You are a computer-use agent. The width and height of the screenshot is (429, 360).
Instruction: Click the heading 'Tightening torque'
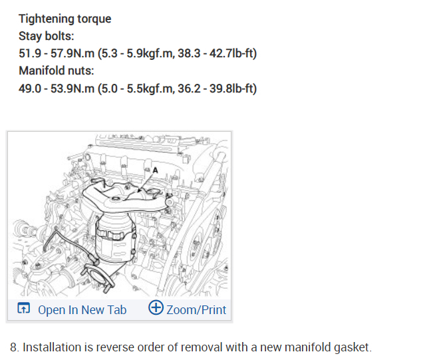pyautogui.click(x=65, y=19)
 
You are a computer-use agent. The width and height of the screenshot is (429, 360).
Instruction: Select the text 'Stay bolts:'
pyautogui.click(x=47, y=36)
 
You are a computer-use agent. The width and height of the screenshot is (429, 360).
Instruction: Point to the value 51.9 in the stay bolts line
pyautogui.click(x=29, y=53)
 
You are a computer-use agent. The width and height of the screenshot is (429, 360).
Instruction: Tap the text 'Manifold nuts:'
pyautogui.click(x=56, y=71)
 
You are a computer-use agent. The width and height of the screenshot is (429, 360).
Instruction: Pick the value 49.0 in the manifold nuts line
pyautogui.click(x=30, y=89)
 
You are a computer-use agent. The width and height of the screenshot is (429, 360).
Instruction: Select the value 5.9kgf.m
pyautogui.click(x=150, y=53)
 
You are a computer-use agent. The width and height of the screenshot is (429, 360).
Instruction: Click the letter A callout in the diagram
pyautogui.click(x=156, y=170)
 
